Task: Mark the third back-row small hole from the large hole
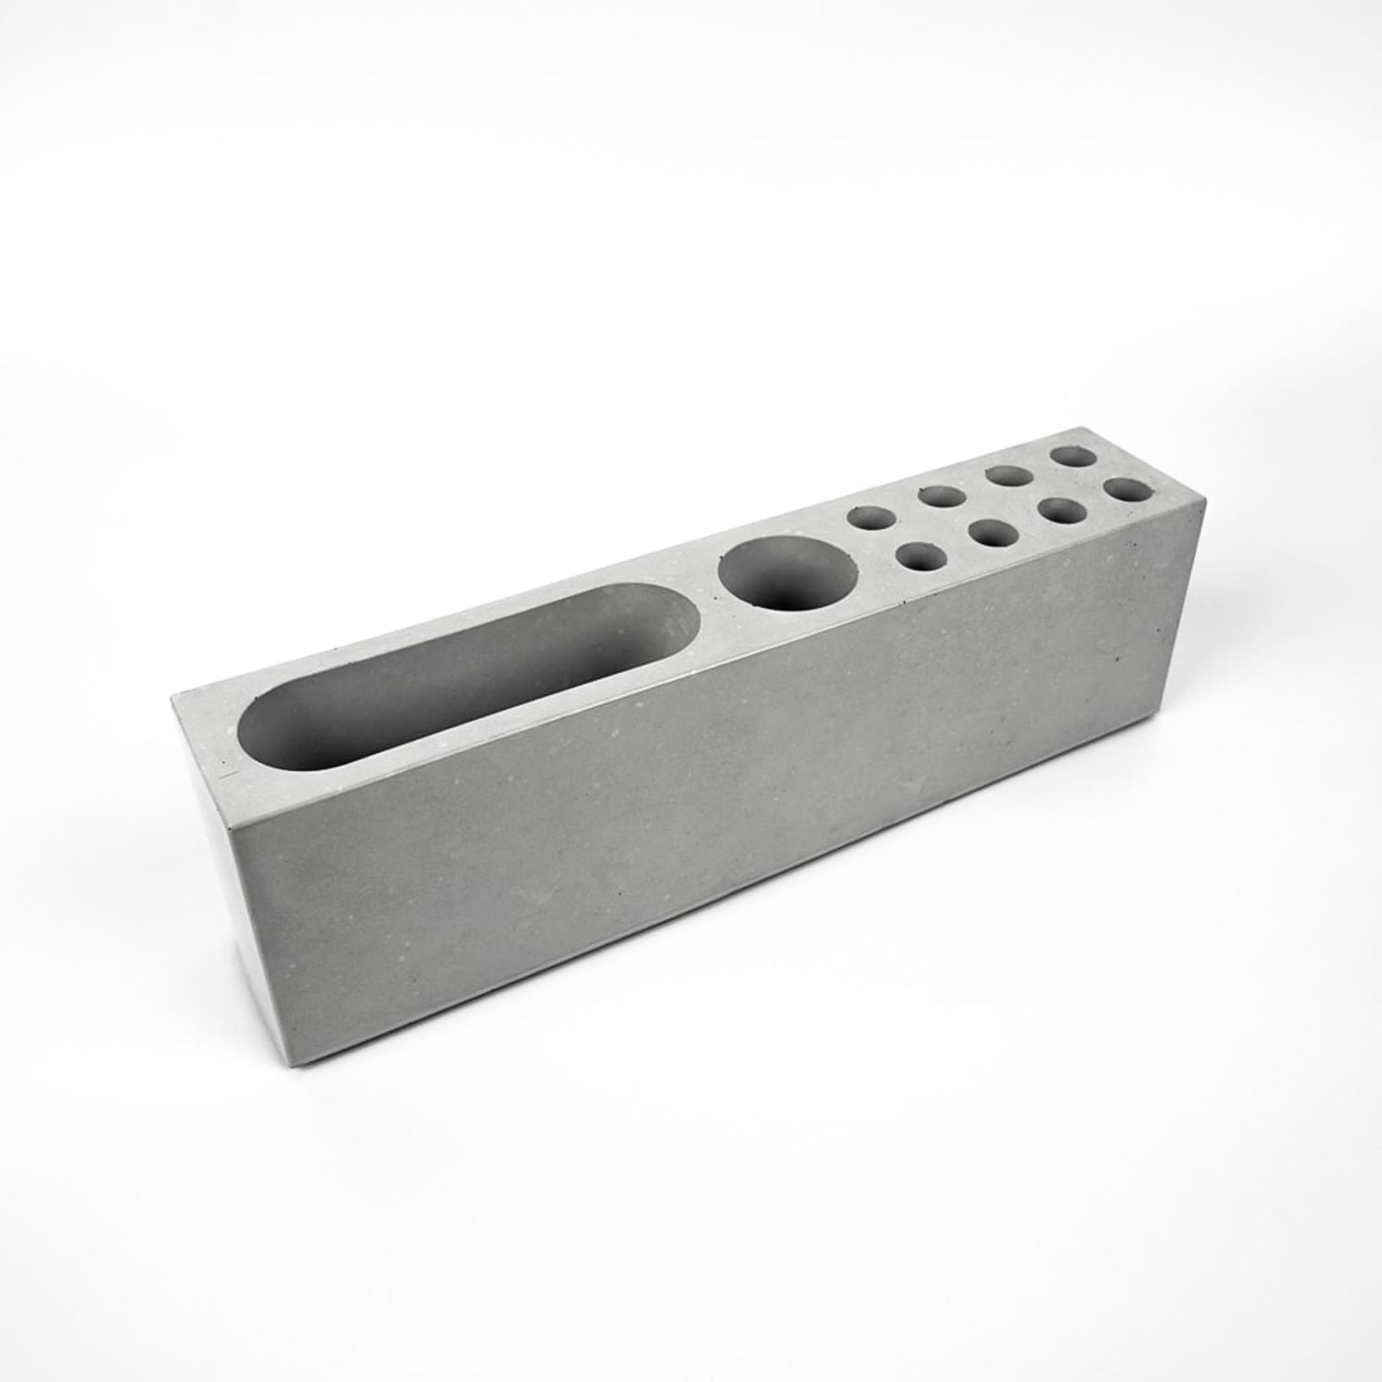pos(1008,477)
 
